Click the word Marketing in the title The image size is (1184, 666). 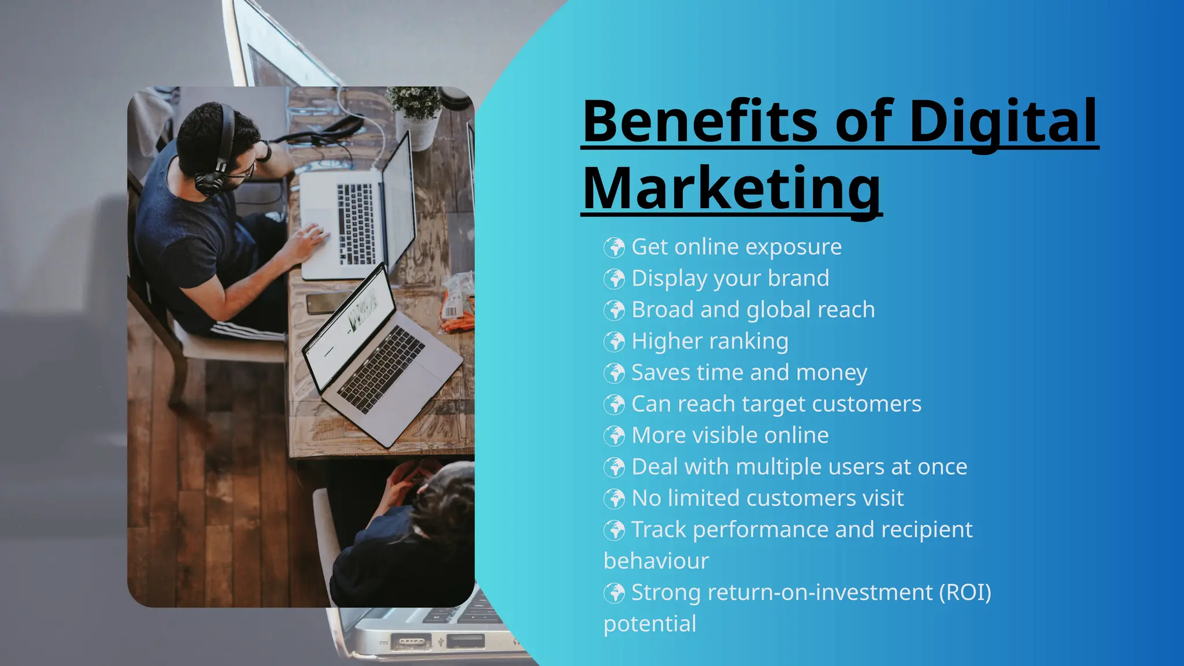731,188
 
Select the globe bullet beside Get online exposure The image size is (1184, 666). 614,247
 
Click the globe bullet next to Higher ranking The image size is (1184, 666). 614,342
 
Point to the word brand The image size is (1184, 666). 798,279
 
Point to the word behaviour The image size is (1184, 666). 656,561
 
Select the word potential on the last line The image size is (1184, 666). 650,624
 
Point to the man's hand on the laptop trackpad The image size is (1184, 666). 306,243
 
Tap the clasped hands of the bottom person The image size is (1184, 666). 405,480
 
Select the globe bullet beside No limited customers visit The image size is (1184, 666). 614,498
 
